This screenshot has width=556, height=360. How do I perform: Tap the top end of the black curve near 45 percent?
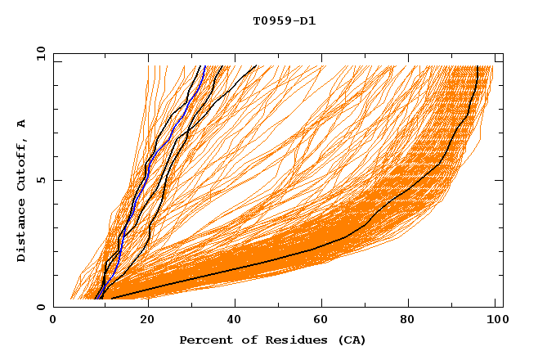pyautogui.click(x=256, y=65)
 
